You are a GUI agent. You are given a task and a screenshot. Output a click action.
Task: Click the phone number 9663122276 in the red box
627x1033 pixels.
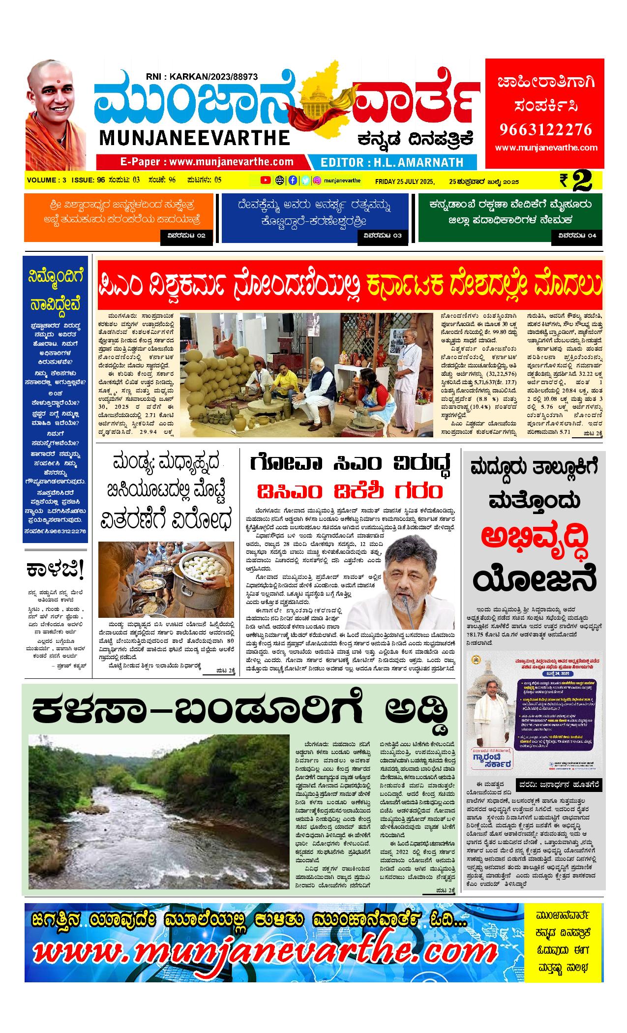click(545, 129)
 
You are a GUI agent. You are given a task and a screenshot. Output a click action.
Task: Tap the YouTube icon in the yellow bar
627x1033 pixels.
click(266, 180)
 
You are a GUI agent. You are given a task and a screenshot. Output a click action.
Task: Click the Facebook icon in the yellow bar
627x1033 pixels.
click(293, 180)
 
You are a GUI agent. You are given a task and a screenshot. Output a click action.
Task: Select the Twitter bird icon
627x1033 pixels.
click(305, 180)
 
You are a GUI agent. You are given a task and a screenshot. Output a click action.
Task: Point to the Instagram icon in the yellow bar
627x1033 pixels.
click(318, 180)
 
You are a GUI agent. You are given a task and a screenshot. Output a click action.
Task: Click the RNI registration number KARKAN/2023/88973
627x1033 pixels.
click(202, 77)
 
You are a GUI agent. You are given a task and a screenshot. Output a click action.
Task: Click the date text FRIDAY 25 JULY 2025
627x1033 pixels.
click(404, 181)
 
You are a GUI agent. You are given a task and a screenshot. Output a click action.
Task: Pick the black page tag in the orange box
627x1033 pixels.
click(186, 236)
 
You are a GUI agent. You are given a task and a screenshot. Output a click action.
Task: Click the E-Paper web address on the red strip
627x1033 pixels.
click(207, 162)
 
